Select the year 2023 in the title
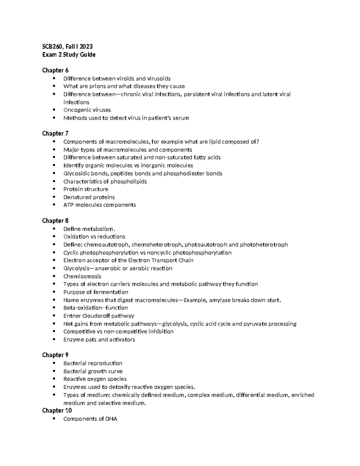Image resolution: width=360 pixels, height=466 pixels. click(86, 47)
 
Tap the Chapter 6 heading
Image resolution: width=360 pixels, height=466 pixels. click(55, 70)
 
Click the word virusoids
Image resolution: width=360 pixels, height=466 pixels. click(159, 79)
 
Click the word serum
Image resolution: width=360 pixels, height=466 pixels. click(181, 118)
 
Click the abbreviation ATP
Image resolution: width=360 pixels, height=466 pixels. click(68, 205)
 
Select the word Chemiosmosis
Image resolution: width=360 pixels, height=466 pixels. click(82, 276)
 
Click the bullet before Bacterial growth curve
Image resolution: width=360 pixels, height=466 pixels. click(54, 371)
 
